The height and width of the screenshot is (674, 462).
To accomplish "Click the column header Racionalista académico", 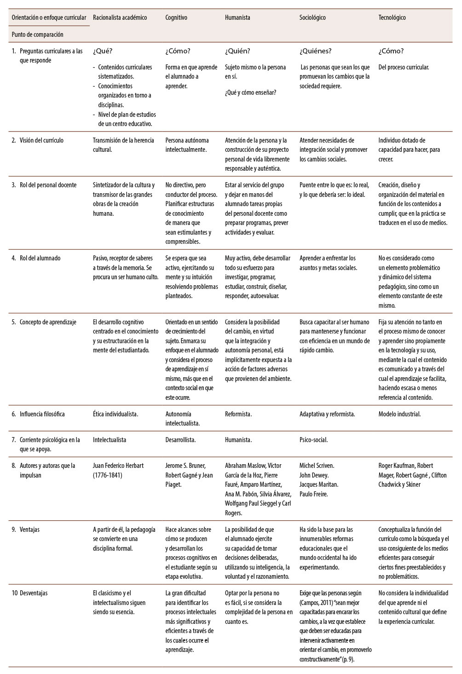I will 120,17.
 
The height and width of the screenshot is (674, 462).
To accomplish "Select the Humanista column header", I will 237,17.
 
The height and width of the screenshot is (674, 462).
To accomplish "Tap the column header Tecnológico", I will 392,17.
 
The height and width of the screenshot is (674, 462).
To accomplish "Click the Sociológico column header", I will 312,17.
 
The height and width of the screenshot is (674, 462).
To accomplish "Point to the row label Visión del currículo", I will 41,140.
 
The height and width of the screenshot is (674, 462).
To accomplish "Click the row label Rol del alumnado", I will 40,258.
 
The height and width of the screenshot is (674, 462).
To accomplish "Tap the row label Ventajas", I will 29,530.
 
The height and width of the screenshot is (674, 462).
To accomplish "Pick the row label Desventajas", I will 34,593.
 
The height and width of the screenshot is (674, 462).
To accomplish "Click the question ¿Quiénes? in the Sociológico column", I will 316,51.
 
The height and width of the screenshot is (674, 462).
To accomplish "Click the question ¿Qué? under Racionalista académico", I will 103,51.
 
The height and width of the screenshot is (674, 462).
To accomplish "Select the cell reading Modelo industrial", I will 399,414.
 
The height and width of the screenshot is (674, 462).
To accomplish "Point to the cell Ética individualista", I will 115,414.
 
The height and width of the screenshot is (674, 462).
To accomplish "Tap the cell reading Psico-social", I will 313,440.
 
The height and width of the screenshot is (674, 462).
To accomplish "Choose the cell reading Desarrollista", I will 180,440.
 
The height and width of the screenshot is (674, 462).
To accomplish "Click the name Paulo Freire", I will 313,494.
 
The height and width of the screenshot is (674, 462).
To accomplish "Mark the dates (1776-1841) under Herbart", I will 108,475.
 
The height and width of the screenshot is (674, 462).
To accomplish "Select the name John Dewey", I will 314,475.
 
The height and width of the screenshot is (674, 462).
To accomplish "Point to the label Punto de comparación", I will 38,35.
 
